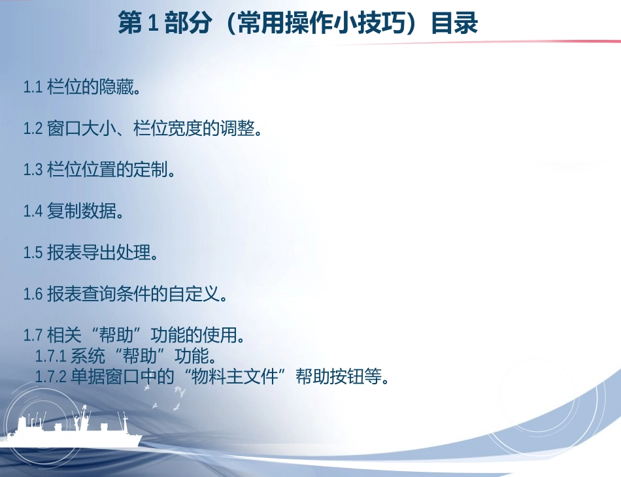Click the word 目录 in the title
(x=454, y=24)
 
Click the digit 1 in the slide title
(x=152, y=24)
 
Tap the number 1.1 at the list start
(x=33, y=88)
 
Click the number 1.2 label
(x=33, y=129)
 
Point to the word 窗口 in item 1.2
(x=64, y=129)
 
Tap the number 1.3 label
(x=33, y=170)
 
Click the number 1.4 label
(x=33, y=211)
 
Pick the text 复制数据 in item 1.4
(x=81, y=211)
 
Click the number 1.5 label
(x=33, y=253)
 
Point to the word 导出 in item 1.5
(x=99, y=253)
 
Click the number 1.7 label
(x=33, y=336)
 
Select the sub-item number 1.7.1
(x=51, y=357)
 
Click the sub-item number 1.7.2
(x=51, y=376)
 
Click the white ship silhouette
(x=72, y=435)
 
